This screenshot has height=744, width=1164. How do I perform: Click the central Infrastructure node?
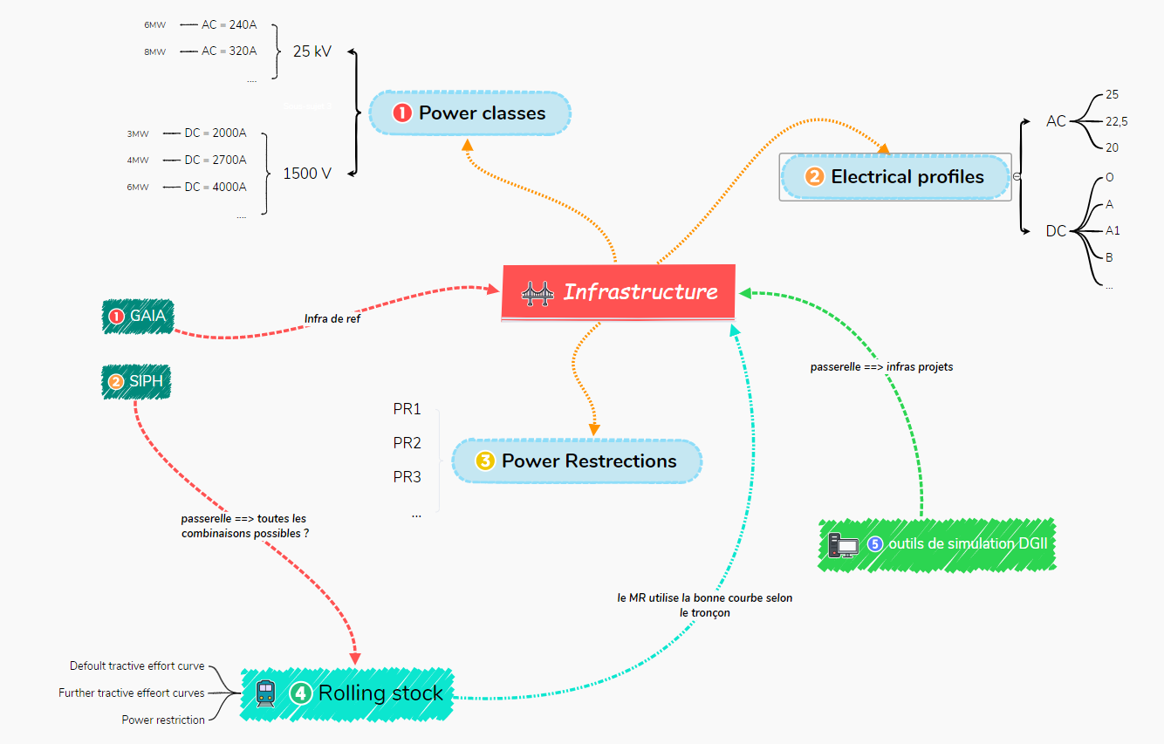(619, 292)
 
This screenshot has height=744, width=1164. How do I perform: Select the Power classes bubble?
(469, 113)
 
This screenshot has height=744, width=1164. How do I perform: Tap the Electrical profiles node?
(895, 177)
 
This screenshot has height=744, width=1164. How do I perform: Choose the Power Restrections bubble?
(576, 461)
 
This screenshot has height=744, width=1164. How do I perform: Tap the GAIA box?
(138, 316)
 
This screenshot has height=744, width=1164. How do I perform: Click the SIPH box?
(136, 382)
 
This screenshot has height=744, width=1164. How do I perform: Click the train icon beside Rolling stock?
(265, 693)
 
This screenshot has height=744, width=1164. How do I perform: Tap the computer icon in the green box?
(844, 545)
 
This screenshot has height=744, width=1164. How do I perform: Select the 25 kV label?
(312, 51)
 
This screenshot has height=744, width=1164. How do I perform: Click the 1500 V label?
(307, 174)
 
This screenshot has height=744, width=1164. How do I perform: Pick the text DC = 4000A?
(215, 187)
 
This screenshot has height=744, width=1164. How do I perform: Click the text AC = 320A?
(229, 51)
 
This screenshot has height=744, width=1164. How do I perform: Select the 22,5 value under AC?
(1116, 122)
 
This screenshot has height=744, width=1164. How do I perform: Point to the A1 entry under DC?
(1113, 231)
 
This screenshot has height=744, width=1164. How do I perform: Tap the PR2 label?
(407, 443)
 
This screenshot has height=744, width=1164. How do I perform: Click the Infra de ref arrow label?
(332, 319)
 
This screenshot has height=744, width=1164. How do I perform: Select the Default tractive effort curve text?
(137, 666)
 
